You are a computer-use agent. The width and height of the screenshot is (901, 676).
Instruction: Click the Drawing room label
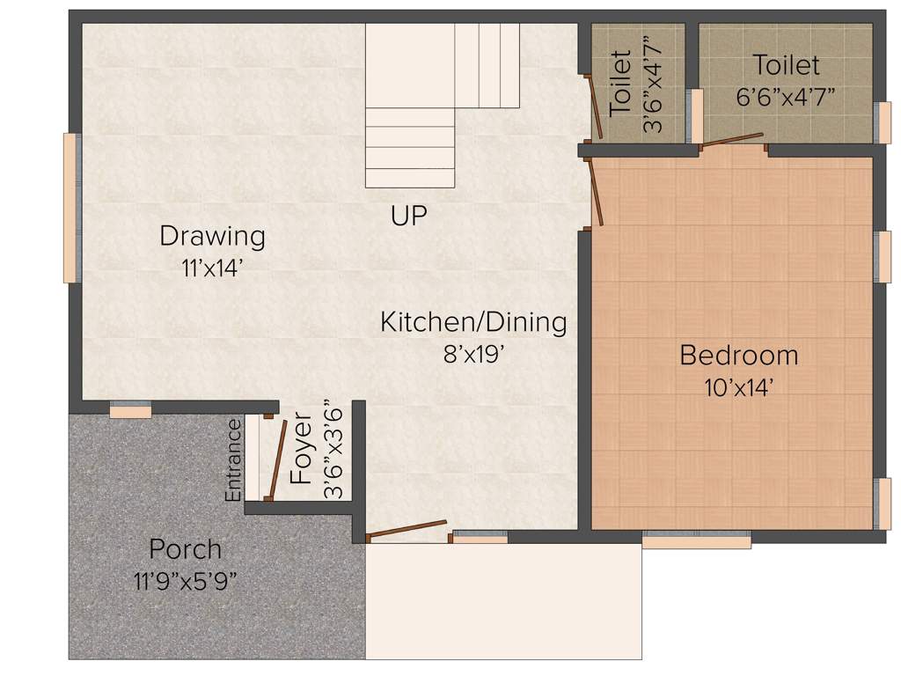pyautogui.click(x=212, y=236)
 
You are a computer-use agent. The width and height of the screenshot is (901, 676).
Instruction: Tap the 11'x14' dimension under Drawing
pyautogui.click(x=212, y=268)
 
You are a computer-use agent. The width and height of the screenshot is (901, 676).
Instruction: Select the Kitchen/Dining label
pyautogui.click(x=473, y=322)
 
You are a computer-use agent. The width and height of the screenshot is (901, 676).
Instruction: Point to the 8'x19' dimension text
pyautogui.click(x=473, y=354)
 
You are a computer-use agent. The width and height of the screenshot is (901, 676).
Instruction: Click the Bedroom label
pyautogui.click(x=739, y=356)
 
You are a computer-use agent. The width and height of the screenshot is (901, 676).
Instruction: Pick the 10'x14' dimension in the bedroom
pyautogui.click(x=739, y=387)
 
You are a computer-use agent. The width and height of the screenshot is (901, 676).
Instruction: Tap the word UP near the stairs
pyautogui.click(x=409, y=216)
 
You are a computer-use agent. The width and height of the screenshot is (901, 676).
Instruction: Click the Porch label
pyautogui.click(x=185, y=549)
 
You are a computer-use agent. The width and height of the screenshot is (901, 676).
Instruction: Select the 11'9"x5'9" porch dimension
pyautogui.click(x=185, y=581)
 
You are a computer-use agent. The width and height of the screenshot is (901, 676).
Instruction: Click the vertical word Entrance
pyautogui.click(x=233, y=460)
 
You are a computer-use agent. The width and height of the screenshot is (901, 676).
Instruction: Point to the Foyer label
pyautogui.click(x=302, y=460)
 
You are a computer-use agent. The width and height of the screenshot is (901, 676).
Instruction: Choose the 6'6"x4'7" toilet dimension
pyautogui.click(x=786, y=95)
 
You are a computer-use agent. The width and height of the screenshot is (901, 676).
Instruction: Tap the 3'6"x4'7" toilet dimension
pyautogui.click(x=653, y=84)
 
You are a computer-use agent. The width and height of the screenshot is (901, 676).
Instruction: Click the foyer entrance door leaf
pyautogui.click(x=277, y=459)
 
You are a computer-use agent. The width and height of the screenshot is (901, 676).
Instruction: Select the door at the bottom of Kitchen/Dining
pyautogui.click(x=407, y=528)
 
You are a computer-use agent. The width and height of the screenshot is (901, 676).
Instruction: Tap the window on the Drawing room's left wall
pyautogui.click(x=70, y=208)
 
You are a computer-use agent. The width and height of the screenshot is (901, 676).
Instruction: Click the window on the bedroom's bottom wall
pyautogui.click(x=696, y=540)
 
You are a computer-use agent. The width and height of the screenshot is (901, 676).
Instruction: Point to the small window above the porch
pyautogui.click(x=130, y=410)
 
